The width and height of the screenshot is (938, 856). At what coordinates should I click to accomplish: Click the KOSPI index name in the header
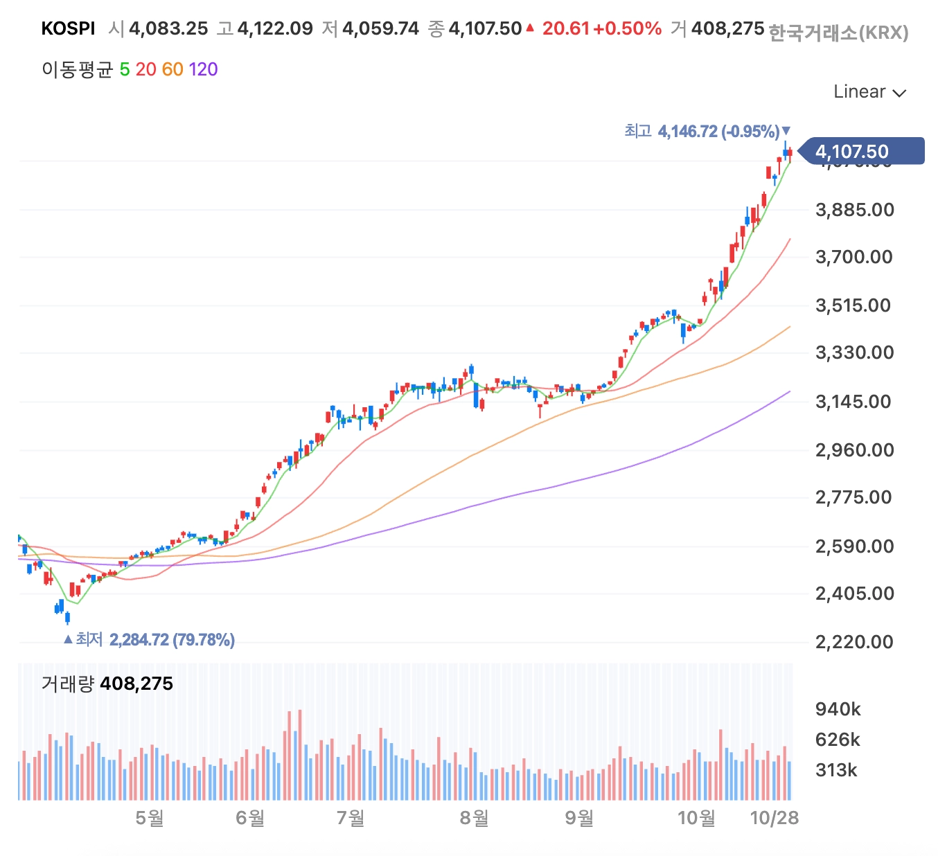(68, 28)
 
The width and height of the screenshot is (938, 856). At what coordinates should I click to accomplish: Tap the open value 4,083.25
(168, 28)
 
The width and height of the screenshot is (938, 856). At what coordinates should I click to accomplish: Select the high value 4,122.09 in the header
(274, 28)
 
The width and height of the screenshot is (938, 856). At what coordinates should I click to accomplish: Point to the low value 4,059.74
(380, 28)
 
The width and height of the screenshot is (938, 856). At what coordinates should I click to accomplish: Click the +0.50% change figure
(627, 28)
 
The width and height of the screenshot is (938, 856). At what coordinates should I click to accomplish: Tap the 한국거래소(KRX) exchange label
(838, 33)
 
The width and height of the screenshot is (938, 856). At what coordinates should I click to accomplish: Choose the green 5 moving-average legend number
(125, 69)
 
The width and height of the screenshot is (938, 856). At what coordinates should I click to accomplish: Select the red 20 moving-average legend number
(145, 69)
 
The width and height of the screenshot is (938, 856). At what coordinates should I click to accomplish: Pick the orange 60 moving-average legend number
(172, 69)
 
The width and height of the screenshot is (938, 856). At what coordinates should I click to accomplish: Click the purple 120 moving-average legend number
(203, 69)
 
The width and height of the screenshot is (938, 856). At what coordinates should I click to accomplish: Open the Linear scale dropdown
(869, 92)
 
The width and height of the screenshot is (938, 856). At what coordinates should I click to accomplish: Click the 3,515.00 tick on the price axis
(853, 305)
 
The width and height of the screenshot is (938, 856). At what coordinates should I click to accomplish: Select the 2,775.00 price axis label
(853, 497)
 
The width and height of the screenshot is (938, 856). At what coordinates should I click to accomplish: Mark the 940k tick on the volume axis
(838, 709)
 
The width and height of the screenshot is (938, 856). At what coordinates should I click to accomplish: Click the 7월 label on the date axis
(351, 818)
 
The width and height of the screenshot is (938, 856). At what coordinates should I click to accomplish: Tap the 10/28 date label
(775, 818)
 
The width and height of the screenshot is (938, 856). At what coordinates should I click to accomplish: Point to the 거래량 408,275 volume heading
(107, 684)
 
